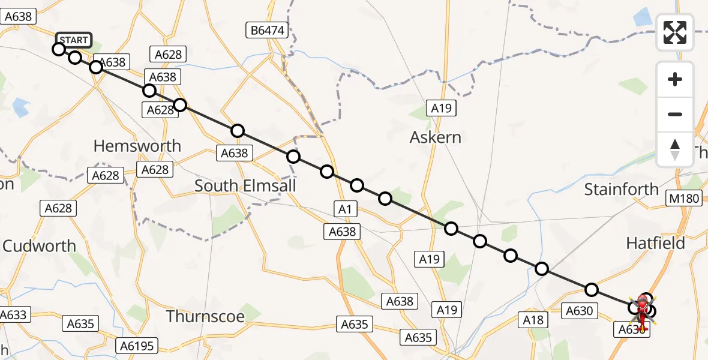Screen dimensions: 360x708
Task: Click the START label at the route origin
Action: tap(74, 40)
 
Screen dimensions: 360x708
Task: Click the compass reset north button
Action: tap(675, 149)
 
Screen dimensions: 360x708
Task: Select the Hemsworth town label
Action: tap(137, 146)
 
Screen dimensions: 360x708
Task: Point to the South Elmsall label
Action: tap(245, 186)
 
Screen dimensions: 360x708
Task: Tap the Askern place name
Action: tap(436, 137)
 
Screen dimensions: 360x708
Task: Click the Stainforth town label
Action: tap(622, 190)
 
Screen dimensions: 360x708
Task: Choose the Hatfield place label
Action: tap(655, 243)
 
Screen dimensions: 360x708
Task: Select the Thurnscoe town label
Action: tap(205, 316)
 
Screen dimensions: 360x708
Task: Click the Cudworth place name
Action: tap(40, 246)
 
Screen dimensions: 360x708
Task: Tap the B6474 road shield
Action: tap(267, 30)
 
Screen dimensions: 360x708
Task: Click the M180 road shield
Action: tap(684, 198)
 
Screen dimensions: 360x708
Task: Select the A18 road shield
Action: tap(533, 320)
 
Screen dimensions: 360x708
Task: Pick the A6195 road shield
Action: tap(137, 346)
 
